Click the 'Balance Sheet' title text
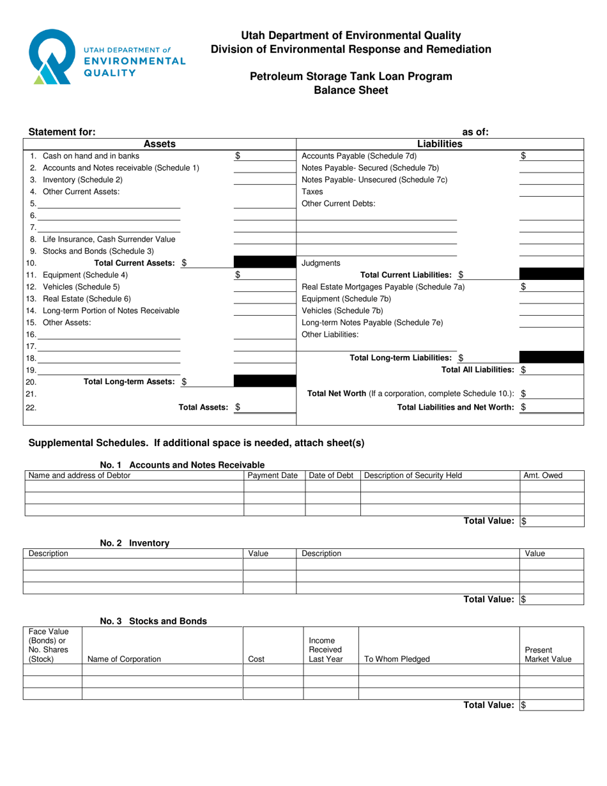(351, 90)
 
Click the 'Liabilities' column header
(441, 144)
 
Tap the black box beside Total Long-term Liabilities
(550, 358)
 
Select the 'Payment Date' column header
(273, 475)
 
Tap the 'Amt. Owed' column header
(543, 475)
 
